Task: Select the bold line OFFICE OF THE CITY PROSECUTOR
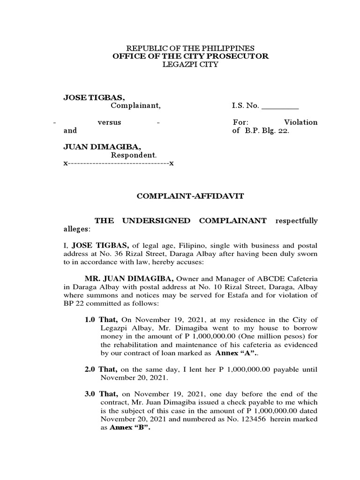point(190,56)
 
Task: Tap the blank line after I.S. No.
point(280,106)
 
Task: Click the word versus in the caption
point(109,122)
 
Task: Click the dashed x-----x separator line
point(119,164)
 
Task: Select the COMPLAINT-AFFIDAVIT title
point(190,196)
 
